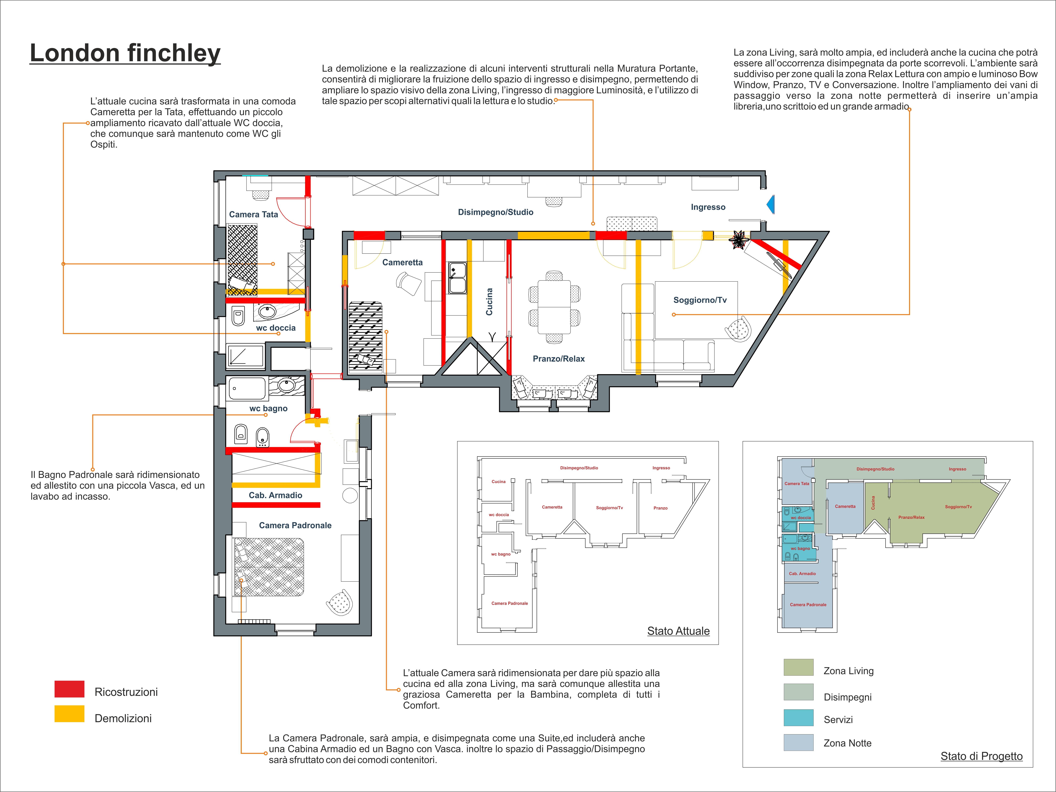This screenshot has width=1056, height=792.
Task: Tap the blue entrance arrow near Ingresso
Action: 771,204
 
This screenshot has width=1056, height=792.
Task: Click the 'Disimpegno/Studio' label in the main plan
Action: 496,212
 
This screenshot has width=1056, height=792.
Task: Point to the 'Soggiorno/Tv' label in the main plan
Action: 700,300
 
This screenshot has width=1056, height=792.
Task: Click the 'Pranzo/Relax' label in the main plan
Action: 559,359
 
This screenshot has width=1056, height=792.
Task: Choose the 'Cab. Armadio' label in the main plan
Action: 275,495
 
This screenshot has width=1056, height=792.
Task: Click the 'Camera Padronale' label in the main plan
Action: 295,525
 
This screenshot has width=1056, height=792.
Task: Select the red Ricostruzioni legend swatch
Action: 69,689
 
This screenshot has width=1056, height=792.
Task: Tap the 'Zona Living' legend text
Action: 848,671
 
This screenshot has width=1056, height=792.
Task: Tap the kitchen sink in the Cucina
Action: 457,277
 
